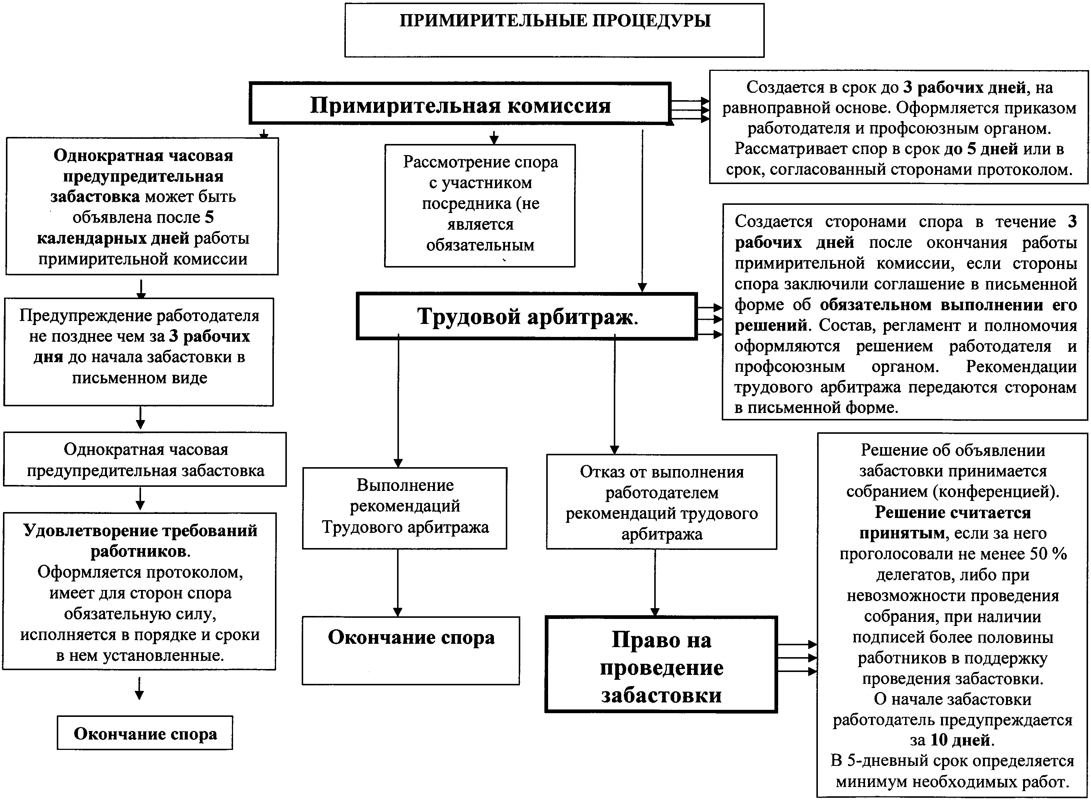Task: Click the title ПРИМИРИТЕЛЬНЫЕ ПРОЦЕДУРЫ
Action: tap(554, 21)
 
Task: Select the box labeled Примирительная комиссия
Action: tap(460, 105)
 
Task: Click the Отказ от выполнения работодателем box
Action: tap(662, 502)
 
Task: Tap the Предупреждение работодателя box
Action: tap(139, 351)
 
